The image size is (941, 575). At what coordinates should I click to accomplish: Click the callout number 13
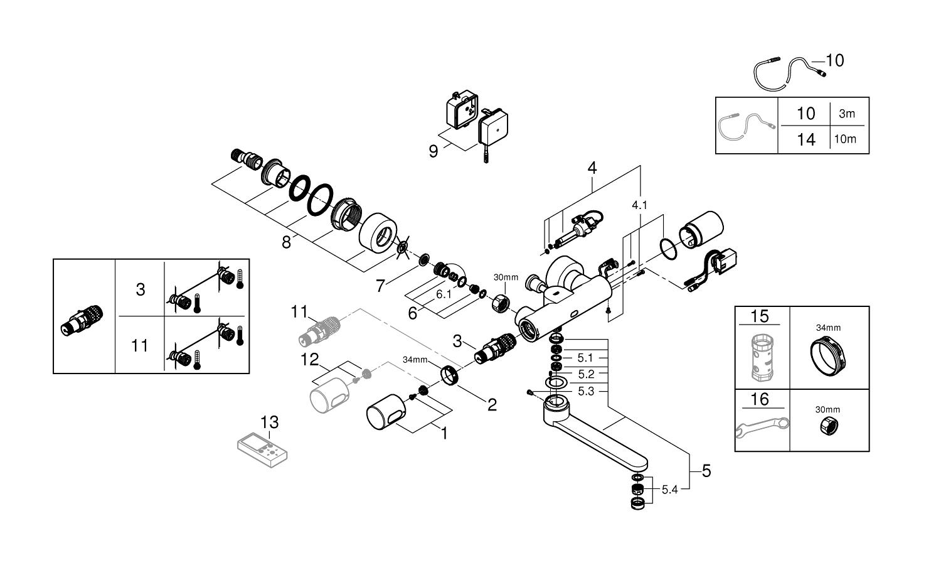270,422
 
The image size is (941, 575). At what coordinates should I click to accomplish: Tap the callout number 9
433,151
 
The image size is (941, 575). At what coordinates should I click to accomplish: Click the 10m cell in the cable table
844,139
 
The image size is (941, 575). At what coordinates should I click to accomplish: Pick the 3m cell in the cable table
846,114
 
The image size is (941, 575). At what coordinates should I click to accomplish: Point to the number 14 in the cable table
805,139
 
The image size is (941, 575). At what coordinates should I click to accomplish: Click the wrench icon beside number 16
761,428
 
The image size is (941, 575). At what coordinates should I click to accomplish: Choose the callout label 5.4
670,490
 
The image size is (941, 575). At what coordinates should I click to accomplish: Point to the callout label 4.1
639,204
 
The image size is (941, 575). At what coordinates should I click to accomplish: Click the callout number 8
286,242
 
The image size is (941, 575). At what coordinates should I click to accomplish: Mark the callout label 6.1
444,294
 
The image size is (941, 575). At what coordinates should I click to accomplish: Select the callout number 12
311,360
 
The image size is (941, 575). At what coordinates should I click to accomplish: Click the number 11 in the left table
140,345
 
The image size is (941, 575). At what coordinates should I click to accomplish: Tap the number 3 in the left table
140,289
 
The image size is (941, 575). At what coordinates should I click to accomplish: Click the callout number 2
492,405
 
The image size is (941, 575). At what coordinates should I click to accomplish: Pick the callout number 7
380,286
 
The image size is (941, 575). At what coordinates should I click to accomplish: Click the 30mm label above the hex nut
506,277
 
